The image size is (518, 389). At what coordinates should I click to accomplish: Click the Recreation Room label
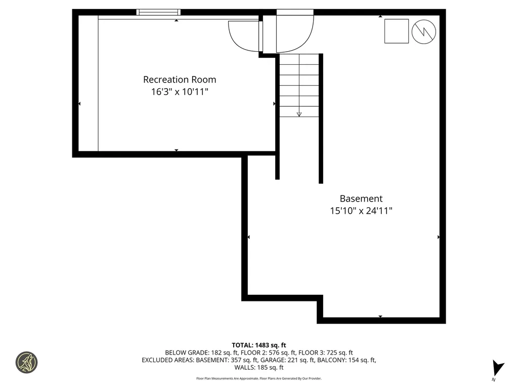(x=180, y=80)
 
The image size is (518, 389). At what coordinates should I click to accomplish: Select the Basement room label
(x=361, y=199)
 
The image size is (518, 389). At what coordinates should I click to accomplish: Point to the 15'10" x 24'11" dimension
(x=361, y=211)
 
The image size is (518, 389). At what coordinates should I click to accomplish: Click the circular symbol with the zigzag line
(x=423, y=31)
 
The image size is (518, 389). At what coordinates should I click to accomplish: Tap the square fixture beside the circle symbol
(x=396, y=31)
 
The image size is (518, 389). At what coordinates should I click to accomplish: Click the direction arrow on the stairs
(x=299, y=114)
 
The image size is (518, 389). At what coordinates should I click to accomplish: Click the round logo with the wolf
(x=26, y=363)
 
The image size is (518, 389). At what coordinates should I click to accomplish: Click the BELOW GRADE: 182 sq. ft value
(x=198, y=353)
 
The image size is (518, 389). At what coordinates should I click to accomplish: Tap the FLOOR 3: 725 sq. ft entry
(x=326, y=353)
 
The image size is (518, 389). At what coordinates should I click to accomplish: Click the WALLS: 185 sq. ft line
(x=259, y=368)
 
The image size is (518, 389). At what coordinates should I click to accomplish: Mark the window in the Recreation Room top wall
(x=158, y=12)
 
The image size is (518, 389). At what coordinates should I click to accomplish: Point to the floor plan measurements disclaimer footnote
(x=259, y=378)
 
